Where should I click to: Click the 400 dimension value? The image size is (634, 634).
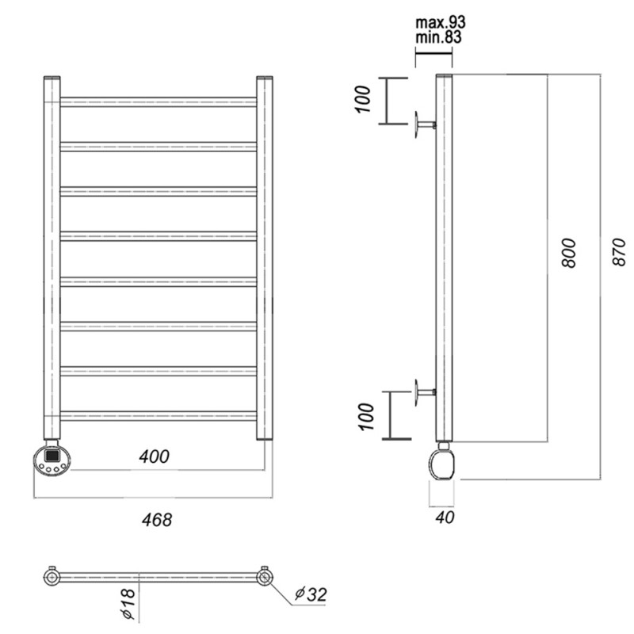click(154, 456)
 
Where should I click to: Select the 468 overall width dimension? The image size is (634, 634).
click(157, 520)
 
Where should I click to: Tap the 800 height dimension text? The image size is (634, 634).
click(568, 253)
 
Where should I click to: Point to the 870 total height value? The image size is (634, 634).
click(619, 251)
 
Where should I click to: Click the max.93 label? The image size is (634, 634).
click(441, 22)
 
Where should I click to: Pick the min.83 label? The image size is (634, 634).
click(438, 37)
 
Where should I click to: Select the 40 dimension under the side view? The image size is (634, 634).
click(445, 518)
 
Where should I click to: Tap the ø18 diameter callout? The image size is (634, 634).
click(128, 604)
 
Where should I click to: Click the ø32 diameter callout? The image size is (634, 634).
click(311, 594)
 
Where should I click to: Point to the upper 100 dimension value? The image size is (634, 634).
click(363, 100)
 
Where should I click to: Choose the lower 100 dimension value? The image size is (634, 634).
click(366, 417)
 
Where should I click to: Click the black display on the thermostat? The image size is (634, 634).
click(52, 456)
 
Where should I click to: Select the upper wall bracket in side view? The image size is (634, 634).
click(425, 125)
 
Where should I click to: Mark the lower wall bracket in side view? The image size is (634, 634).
click(426, 392)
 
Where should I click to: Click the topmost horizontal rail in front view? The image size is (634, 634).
click(158, 102)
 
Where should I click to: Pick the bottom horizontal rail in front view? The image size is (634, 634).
click(158, 416)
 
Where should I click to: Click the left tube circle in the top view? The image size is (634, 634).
click(52, 577)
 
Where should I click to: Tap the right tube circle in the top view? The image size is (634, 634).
click(265, 577)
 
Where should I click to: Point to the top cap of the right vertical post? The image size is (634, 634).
click(265, 78)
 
